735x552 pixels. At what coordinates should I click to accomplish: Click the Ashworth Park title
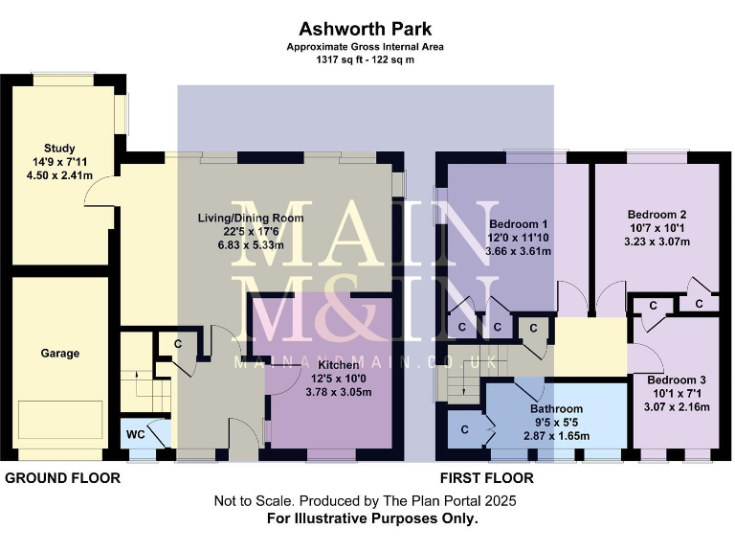pos(367,29)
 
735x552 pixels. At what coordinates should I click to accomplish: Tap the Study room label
pos(59,148)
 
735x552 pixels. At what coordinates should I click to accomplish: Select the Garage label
pos(59,353)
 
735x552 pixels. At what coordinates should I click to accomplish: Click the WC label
pos(136,435)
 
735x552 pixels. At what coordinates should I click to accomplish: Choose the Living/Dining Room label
pos(251,218)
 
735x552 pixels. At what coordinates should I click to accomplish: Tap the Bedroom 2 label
pos(657,215)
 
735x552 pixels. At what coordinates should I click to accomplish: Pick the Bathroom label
pos(556,408)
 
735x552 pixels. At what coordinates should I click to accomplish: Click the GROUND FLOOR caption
pos(63,477)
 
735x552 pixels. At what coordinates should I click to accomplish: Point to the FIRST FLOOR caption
pos(487,477)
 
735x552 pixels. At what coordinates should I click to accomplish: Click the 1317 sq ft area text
pos(367,59)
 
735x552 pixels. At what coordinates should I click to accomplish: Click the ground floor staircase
pos(139,379)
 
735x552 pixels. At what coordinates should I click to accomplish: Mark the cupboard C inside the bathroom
pos(464,429)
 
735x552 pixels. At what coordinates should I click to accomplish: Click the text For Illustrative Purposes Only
pos(372,518)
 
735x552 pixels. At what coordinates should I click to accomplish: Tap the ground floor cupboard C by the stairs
pos(178,343)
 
